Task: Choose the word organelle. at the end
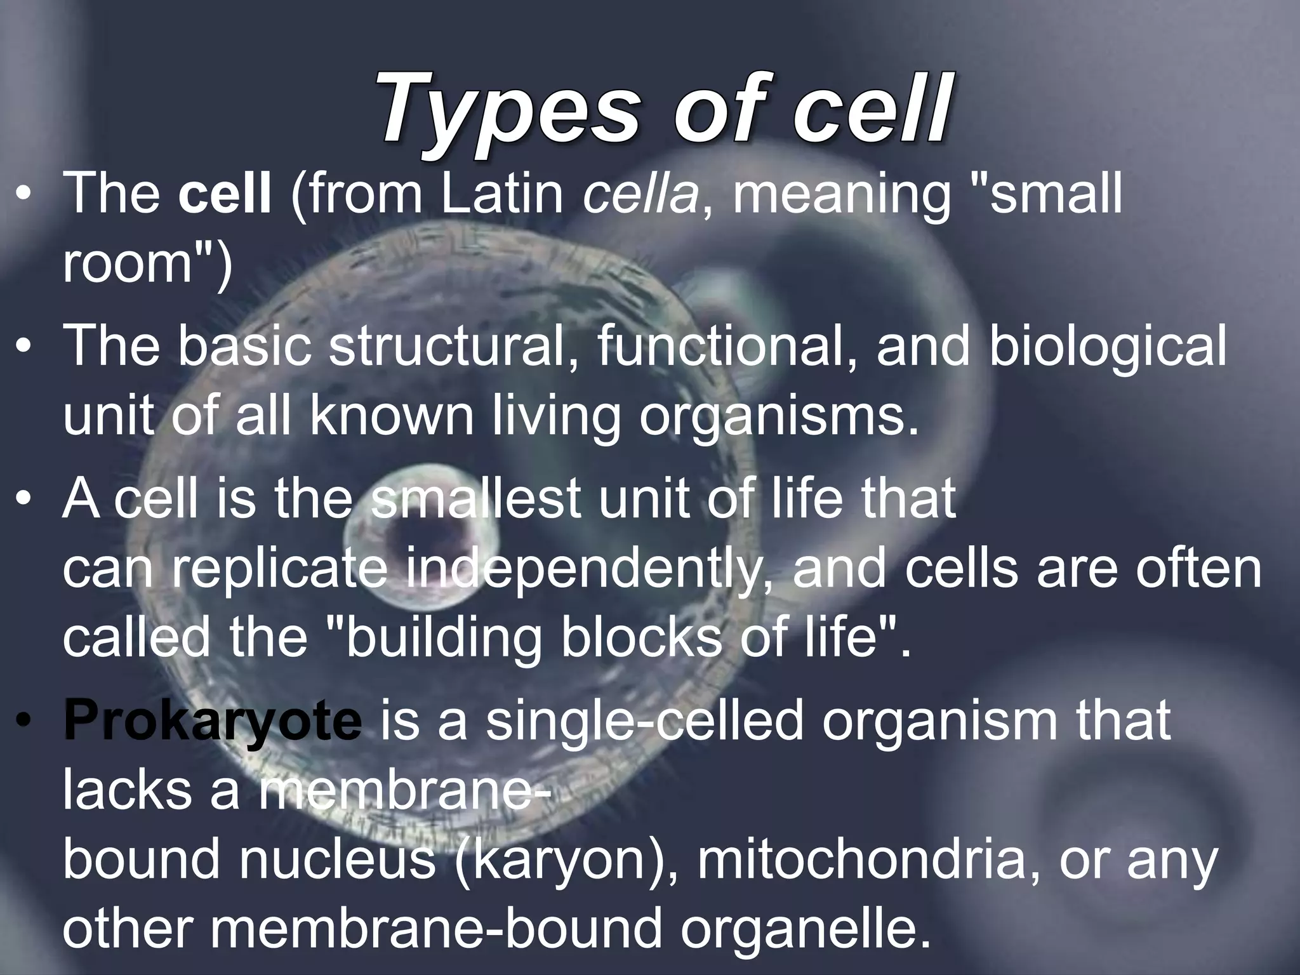pos(800,929)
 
